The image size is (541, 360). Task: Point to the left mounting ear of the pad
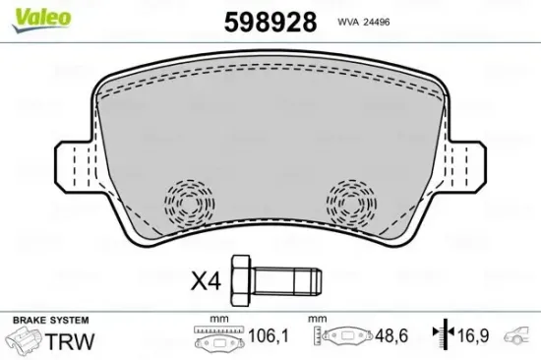pyautogui.click(x=71, y=161)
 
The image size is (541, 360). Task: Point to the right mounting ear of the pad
pyautogui.click(x=470, y=161)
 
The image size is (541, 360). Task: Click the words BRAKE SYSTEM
pyautogui.click(x=49, y=321)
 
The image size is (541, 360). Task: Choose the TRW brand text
pyautogui.click(x=77, y=341)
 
